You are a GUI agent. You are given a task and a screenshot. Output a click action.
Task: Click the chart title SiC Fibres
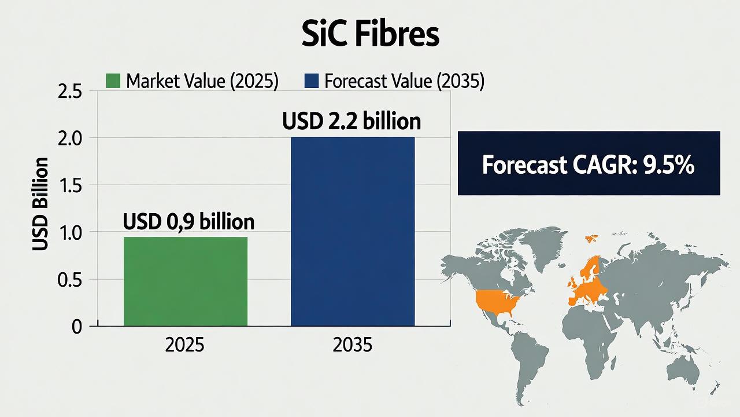[x=371, y=34]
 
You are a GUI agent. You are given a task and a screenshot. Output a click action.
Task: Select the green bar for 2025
[x=186, y=281]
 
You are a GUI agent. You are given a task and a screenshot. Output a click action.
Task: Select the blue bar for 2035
[x=353, y=232]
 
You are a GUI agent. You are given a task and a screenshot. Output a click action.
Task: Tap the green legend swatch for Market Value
[x=113, y=81]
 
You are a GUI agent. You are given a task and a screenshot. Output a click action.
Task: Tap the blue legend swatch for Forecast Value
[x=312, y=81]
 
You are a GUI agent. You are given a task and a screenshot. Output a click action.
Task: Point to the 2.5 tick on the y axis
[x=70, y=92]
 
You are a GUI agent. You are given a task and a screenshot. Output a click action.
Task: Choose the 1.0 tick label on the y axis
[x=70, y=233]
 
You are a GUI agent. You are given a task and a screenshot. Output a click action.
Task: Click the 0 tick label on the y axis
[x=77, y=327]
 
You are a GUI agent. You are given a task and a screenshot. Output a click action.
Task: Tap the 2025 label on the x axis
[x=184, y=345]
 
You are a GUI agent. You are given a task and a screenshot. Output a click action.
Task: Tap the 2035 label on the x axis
[x=353, y=345]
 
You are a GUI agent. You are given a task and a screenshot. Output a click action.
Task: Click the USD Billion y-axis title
[x=40, y=204]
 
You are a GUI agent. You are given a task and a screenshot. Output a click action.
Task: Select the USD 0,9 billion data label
[x=188, y=221]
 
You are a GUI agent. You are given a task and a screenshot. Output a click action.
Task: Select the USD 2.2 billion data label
[x=351, y=121]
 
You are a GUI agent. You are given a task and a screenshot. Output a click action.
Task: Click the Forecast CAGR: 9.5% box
[x=589, y=163]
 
